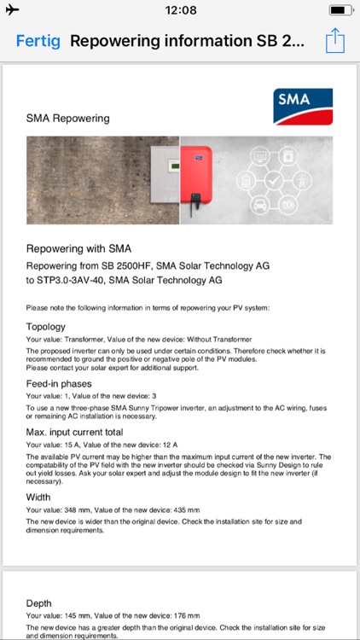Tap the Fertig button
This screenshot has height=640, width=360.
pyautogui.click(x=38, y=41)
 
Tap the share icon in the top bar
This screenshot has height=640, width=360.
pyautogui.click(x=335, y=40)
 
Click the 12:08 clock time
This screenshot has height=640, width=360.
pyautogui.click(x=180, y=10)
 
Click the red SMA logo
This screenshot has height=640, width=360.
pyautogui.click(x=304, y=108)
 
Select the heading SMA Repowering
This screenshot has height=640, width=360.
pyautogui.click(x=68, y=119)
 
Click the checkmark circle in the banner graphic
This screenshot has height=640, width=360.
pyautogui.click(x=273, y=181)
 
